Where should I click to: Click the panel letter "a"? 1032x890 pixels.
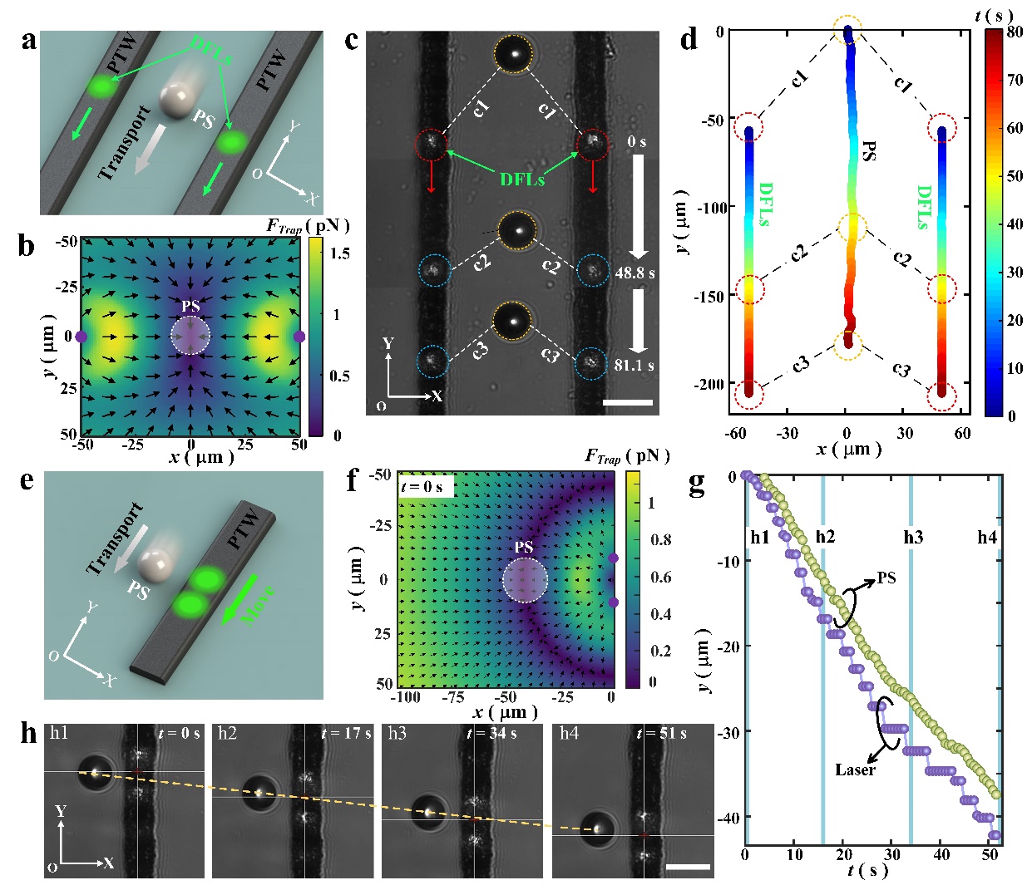[29, 40]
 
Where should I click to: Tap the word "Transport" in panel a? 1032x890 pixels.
[125, 143]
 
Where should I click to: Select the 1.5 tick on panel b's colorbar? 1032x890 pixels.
[341, 253]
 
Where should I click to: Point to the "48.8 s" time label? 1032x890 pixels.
[635, 272]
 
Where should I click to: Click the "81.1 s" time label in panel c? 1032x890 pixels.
[634, 365]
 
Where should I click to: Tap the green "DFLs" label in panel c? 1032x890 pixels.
[521, 179]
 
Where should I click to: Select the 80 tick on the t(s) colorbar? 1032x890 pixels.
[1015, 32]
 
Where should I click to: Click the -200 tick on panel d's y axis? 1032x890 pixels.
[711, 384]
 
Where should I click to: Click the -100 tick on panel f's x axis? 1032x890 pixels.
[406, 696]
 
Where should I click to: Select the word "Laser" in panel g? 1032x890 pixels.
[855, 770]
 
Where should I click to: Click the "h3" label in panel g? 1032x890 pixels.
[913, 538]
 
